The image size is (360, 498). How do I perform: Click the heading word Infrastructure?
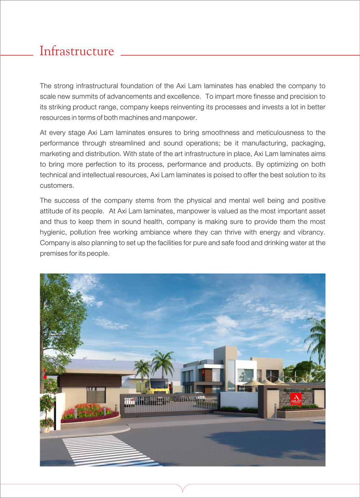tap(76, 51)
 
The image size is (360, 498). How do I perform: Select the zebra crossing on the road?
tap(108, 451)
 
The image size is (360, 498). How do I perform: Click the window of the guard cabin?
tap(95, 395)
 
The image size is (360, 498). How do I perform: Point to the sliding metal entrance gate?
tap(169, 404)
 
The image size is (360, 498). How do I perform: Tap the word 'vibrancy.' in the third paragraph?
tap(310, 233)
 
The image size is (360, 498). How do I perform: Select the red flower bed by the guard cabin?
tap(85, 412)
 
